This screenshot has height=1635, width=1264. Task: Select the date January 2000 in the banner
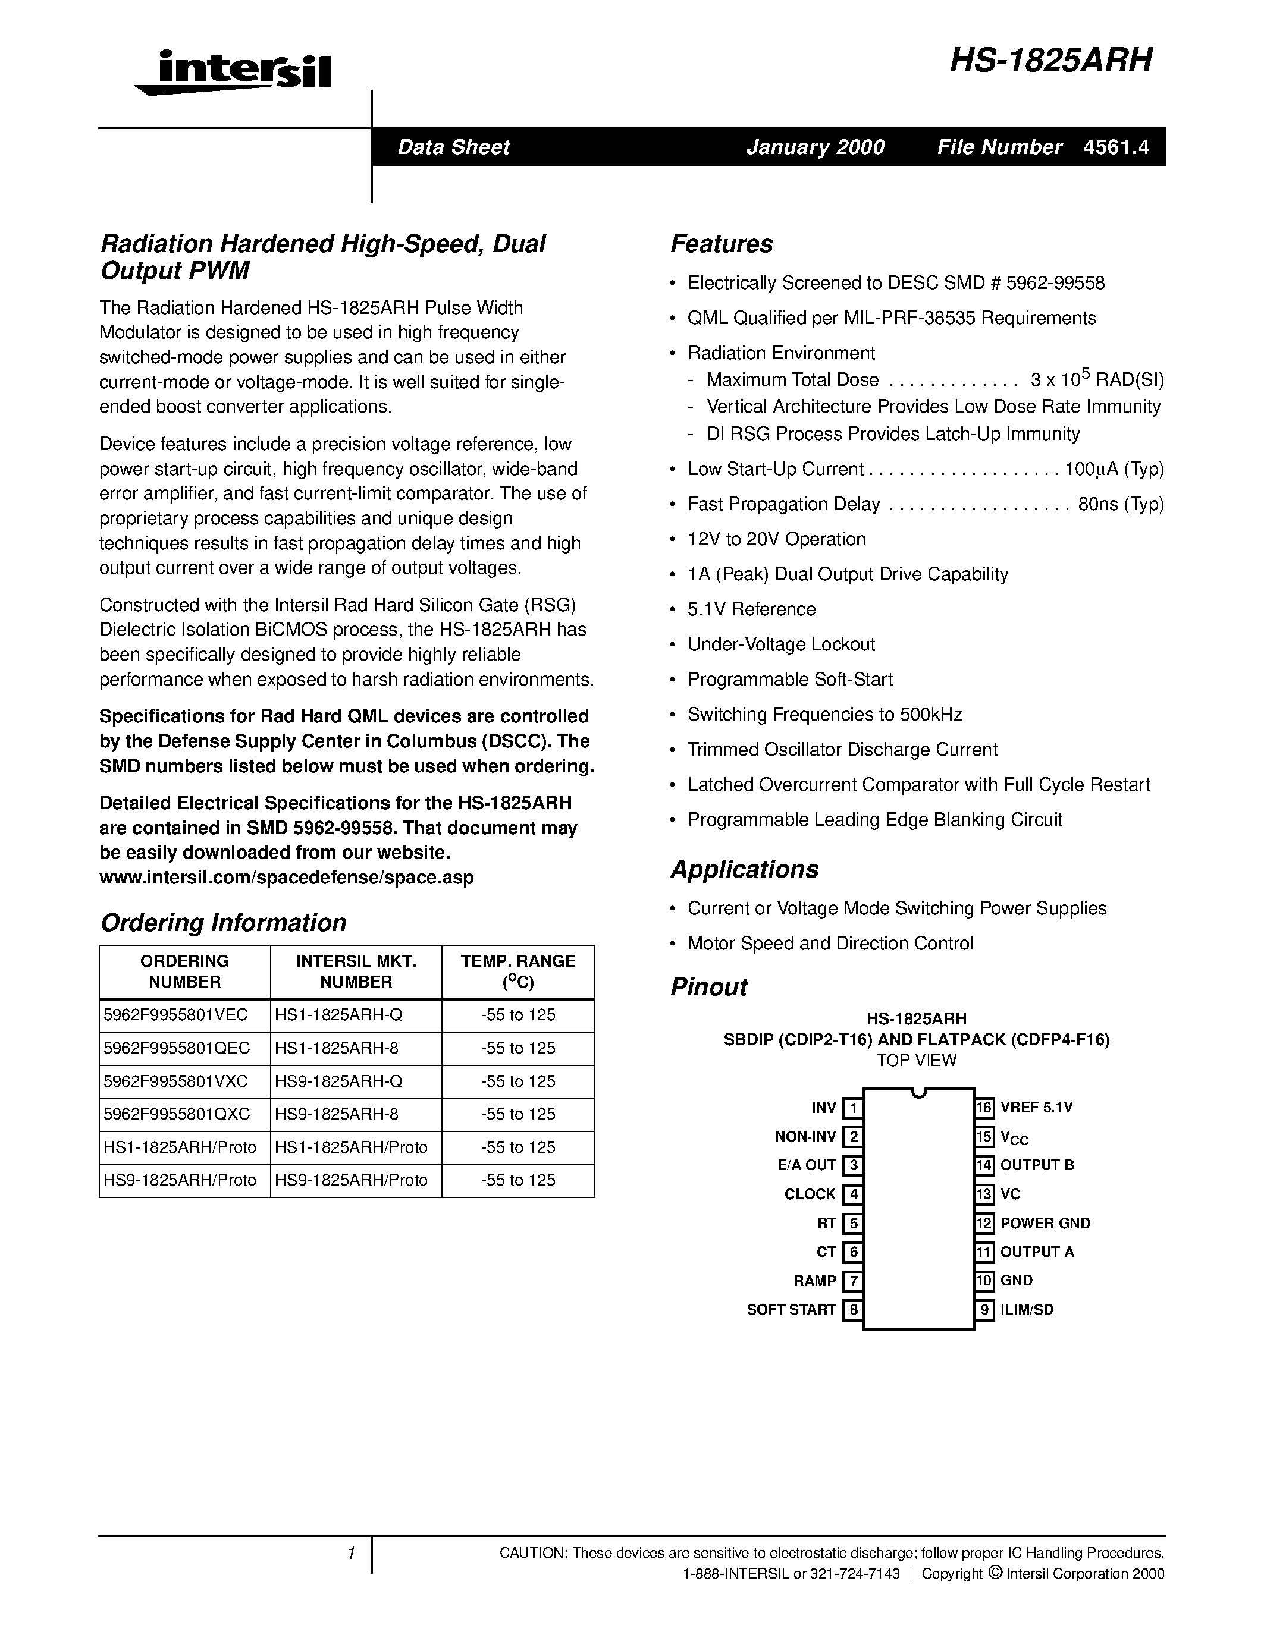815,147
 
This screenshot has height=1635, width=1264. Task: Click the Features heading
721,244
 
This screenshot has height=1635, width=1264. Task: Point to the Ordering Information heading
223,922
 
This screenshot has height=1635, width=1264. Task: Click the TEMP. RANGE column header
517,971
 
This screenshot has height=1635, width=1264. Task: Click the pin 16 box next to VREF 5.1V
984,1107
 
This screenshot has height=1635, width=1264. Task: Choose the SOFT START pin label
791,1309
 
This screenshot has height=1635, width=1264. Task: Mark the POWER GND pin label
1045,1223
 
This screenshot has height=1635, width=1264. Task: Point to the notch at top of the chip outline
919,1093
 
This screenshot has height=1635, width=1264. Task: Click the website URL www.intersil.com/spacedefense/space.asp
286,878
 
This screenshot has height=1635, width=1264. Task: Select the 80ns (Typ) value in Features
1120,504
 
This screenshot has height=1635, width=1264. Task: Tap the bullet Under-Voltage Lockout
781,644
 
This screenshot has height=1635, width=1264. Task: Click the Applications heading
744,869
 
